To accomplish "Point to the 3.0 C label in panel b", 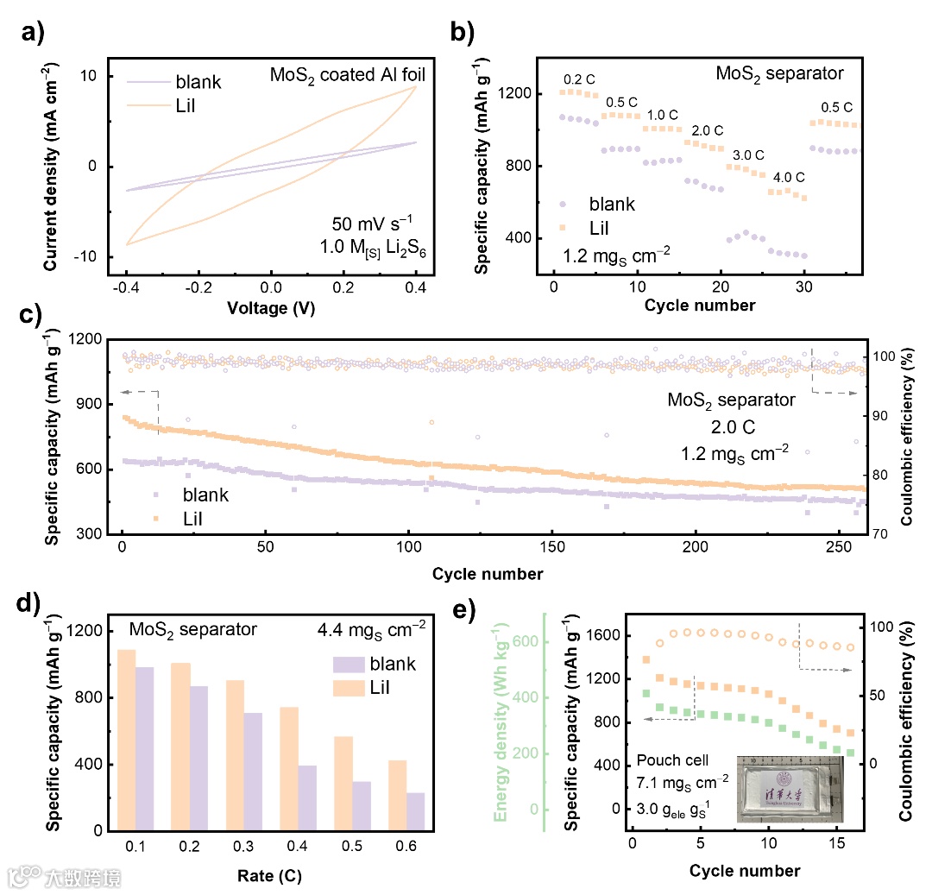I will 748,155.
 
